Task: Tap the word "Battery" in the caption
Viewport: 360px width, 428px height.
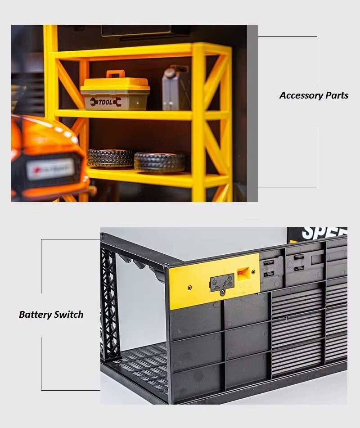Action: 35,315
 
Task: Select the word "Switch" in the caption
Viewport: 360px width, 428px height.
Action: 67,315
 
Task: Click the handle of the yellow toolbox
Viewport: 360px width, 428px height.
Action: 115,74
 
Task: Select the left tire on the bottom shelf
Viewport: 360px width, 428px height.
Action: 110,158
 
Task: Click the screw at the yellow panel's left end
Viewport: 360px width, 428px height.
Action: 189,287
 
